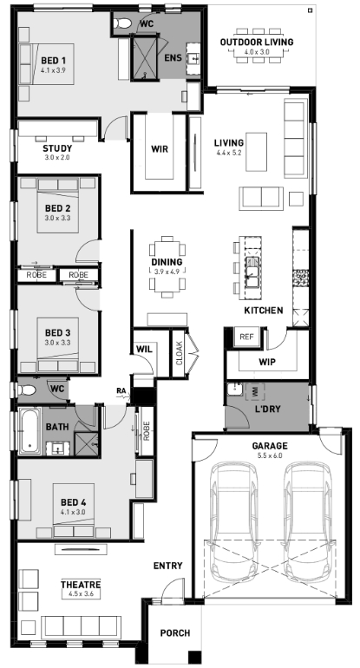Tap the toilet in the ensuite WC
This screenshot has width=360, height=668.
point(123,23)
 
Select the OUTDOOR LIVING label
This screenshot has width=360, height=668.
point(257,43)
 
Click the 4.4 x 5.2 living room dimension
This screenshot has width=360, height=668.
point(229,153)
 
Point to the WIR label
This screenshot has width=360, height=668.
point(160,149)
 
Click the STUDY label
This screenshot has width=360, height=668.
point(57,148)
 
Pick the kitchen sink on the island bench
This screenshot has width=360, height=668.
point(252,272)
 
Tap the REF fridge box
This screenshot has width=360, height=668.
point(246,337)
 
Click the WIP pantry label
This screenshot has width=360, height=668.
point(267,362)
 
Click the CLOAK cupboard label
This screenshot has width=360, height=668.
point(179,353)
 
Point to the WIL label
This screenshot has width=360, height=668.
point(144,349)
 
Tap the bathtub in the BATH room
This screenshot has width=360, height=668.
point(29,430)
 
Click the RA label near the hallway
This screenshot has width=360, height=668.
point(121,390)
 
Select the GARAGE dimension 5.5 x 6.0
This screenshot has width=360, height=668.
point(269,455)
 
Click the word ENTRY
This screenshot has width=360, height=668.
point(168,566)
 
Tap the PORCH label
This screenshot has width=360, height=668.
point(175,633)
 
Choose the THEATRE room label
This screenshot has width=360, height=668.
point(81,584)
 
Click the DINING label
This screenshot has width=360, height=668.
point(167,262)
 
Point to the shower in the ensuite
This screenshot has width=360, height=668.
point(144,58)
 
